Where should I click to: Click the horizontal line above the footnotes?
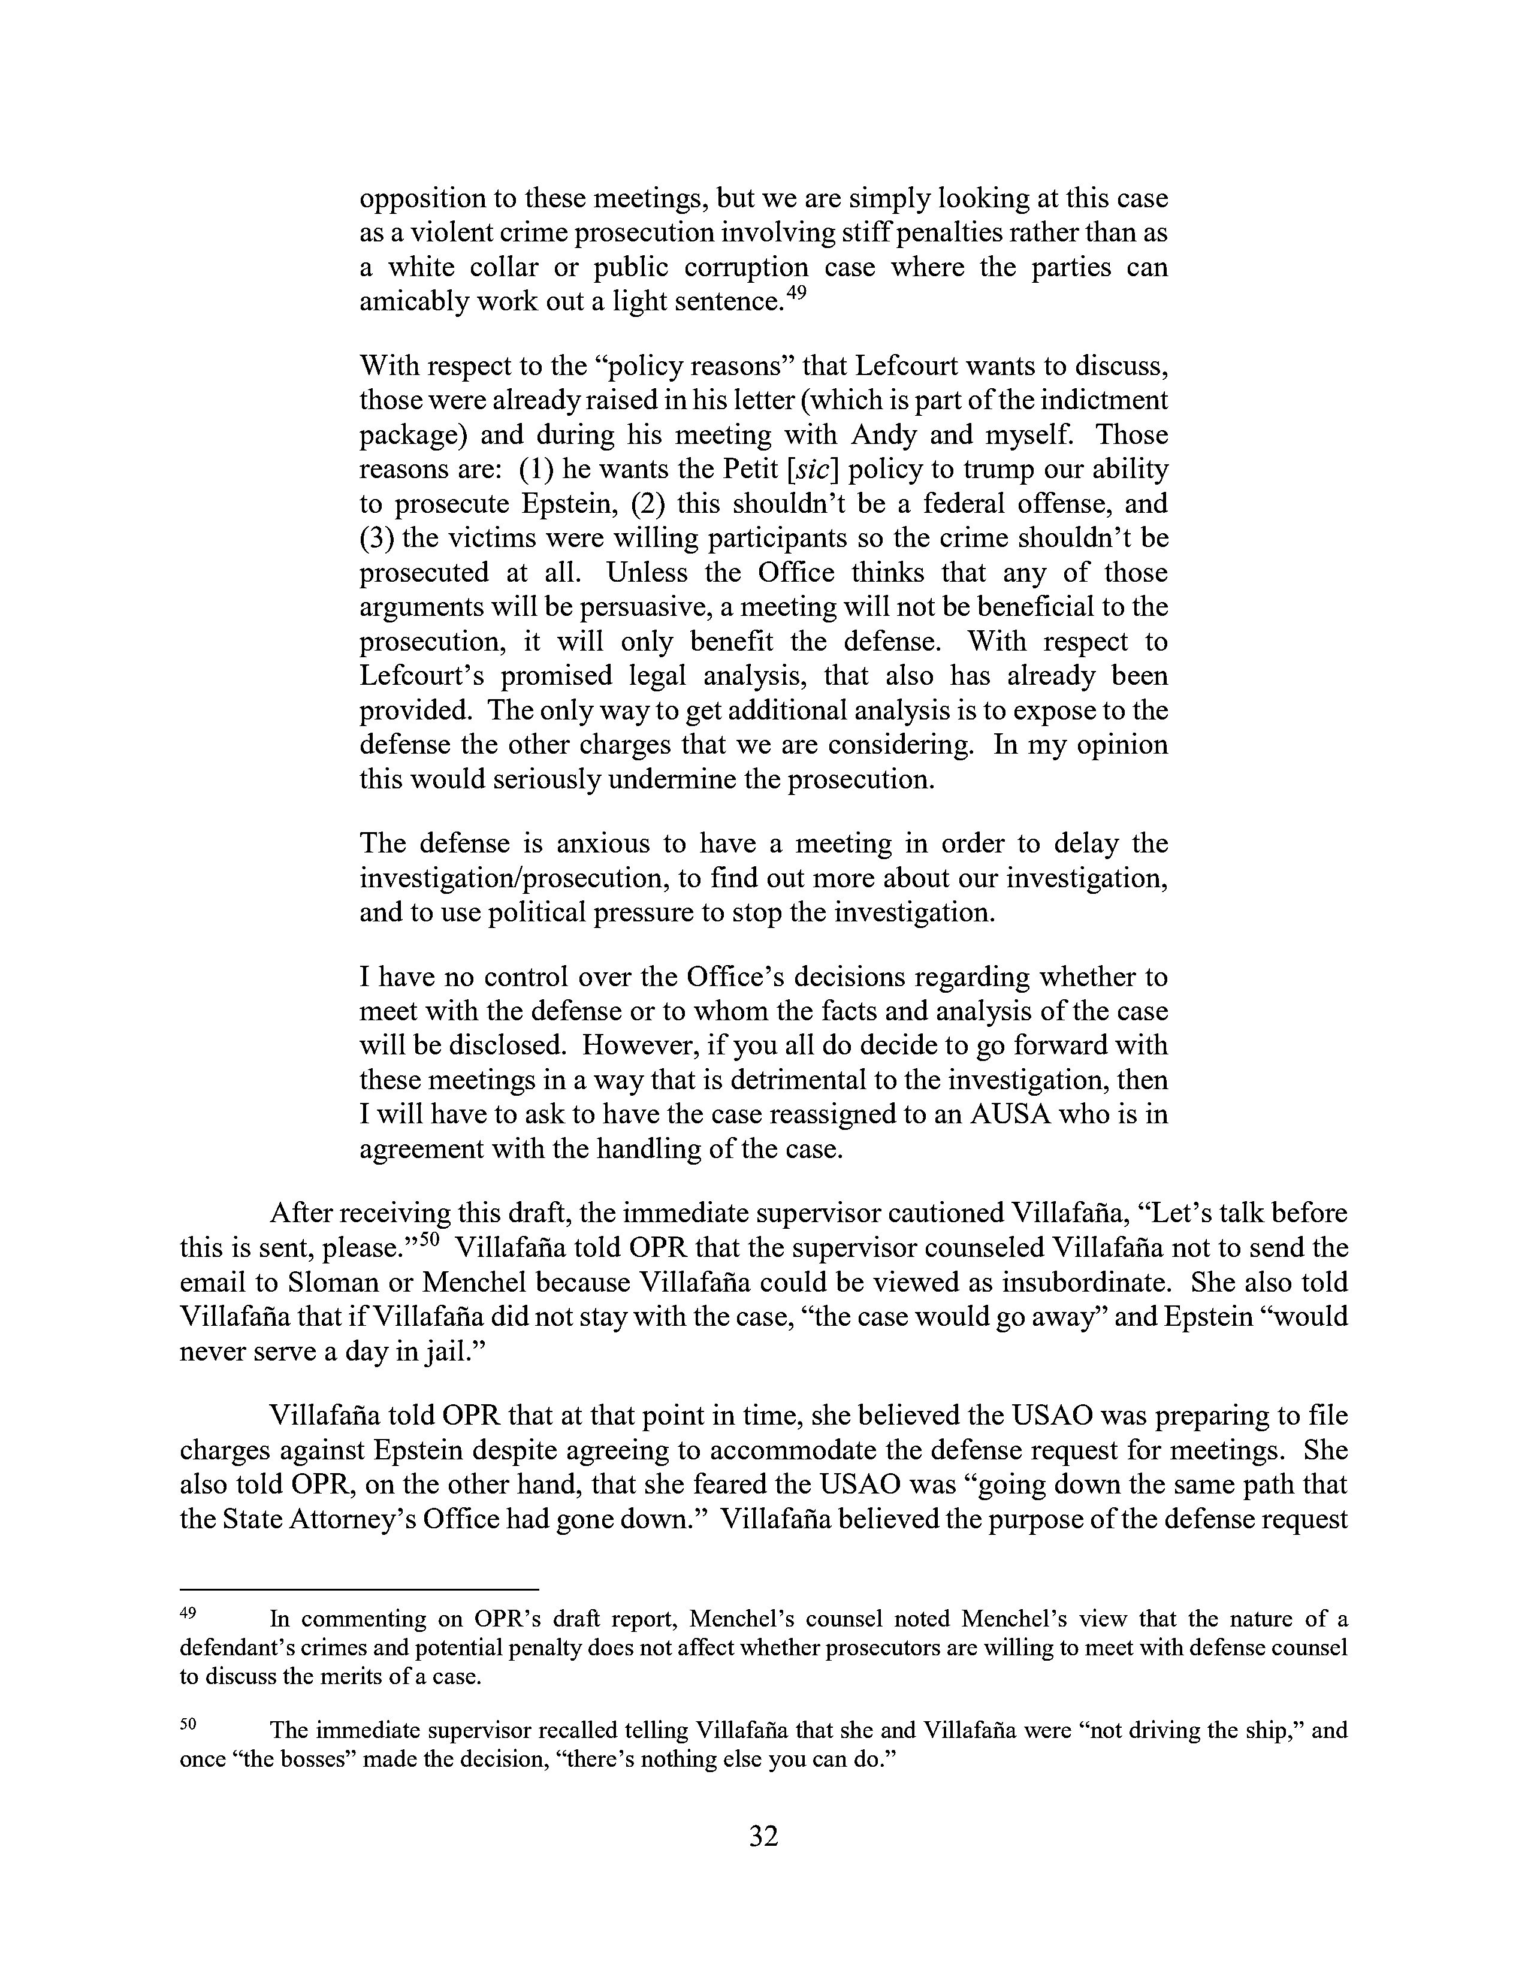[360, 1589]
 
